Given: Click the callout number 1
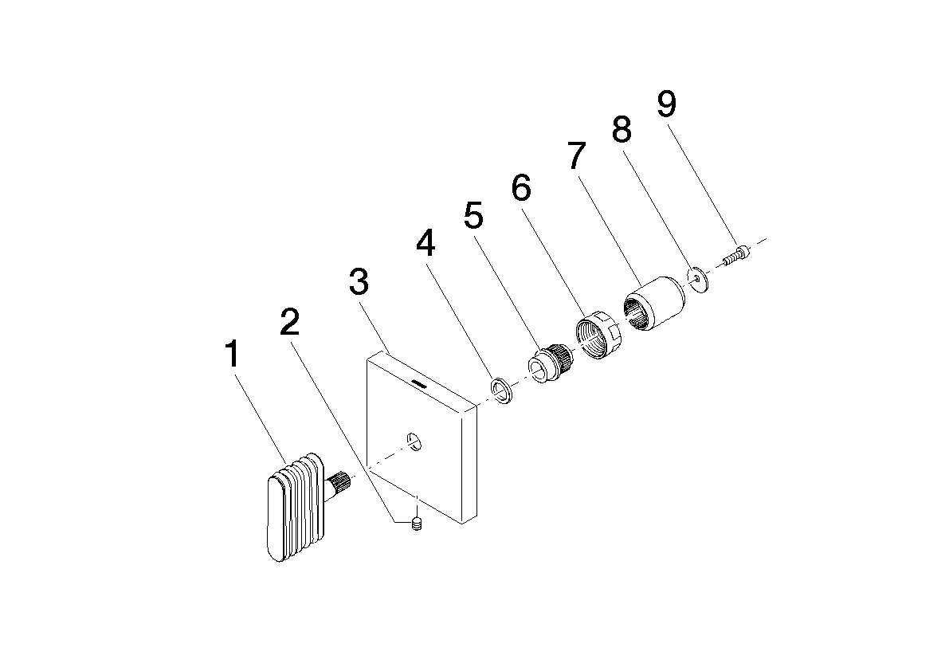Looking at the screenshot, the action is coord(233,355).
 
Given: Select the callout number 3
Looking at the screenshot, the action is coord(359,282).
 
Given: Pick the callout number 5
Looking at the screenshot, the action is coord(474,215).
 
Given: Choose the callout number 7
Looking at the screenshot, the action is coord(578,155).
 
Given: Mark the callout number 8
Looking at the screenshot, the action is coord(622,129).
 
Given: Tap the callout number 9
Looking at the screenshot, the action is coord(666,104).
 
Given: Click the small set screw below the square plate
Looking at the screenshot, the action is coord(417,524).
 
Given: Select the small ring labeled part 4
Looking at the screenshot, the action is coord(501,390).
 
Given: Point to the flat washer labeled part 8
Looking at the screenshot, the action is coord(699,279).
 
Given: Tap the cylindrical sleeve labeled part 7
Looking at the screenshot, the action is coord(654,304).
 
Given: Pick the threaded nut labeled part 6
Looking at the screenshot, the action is coord(596,335).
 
